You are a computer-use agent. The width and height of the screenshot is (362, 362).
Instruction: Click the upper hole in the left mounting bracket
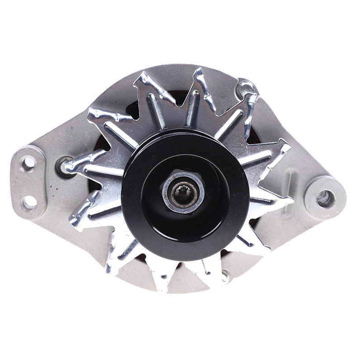point(29,162)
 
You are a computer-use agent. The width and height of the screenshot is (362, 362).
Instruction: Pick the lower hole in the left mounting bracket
point(30,202)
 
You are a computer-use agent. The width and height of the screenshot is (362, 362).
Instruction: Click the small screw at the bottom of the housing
point(224,275)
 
